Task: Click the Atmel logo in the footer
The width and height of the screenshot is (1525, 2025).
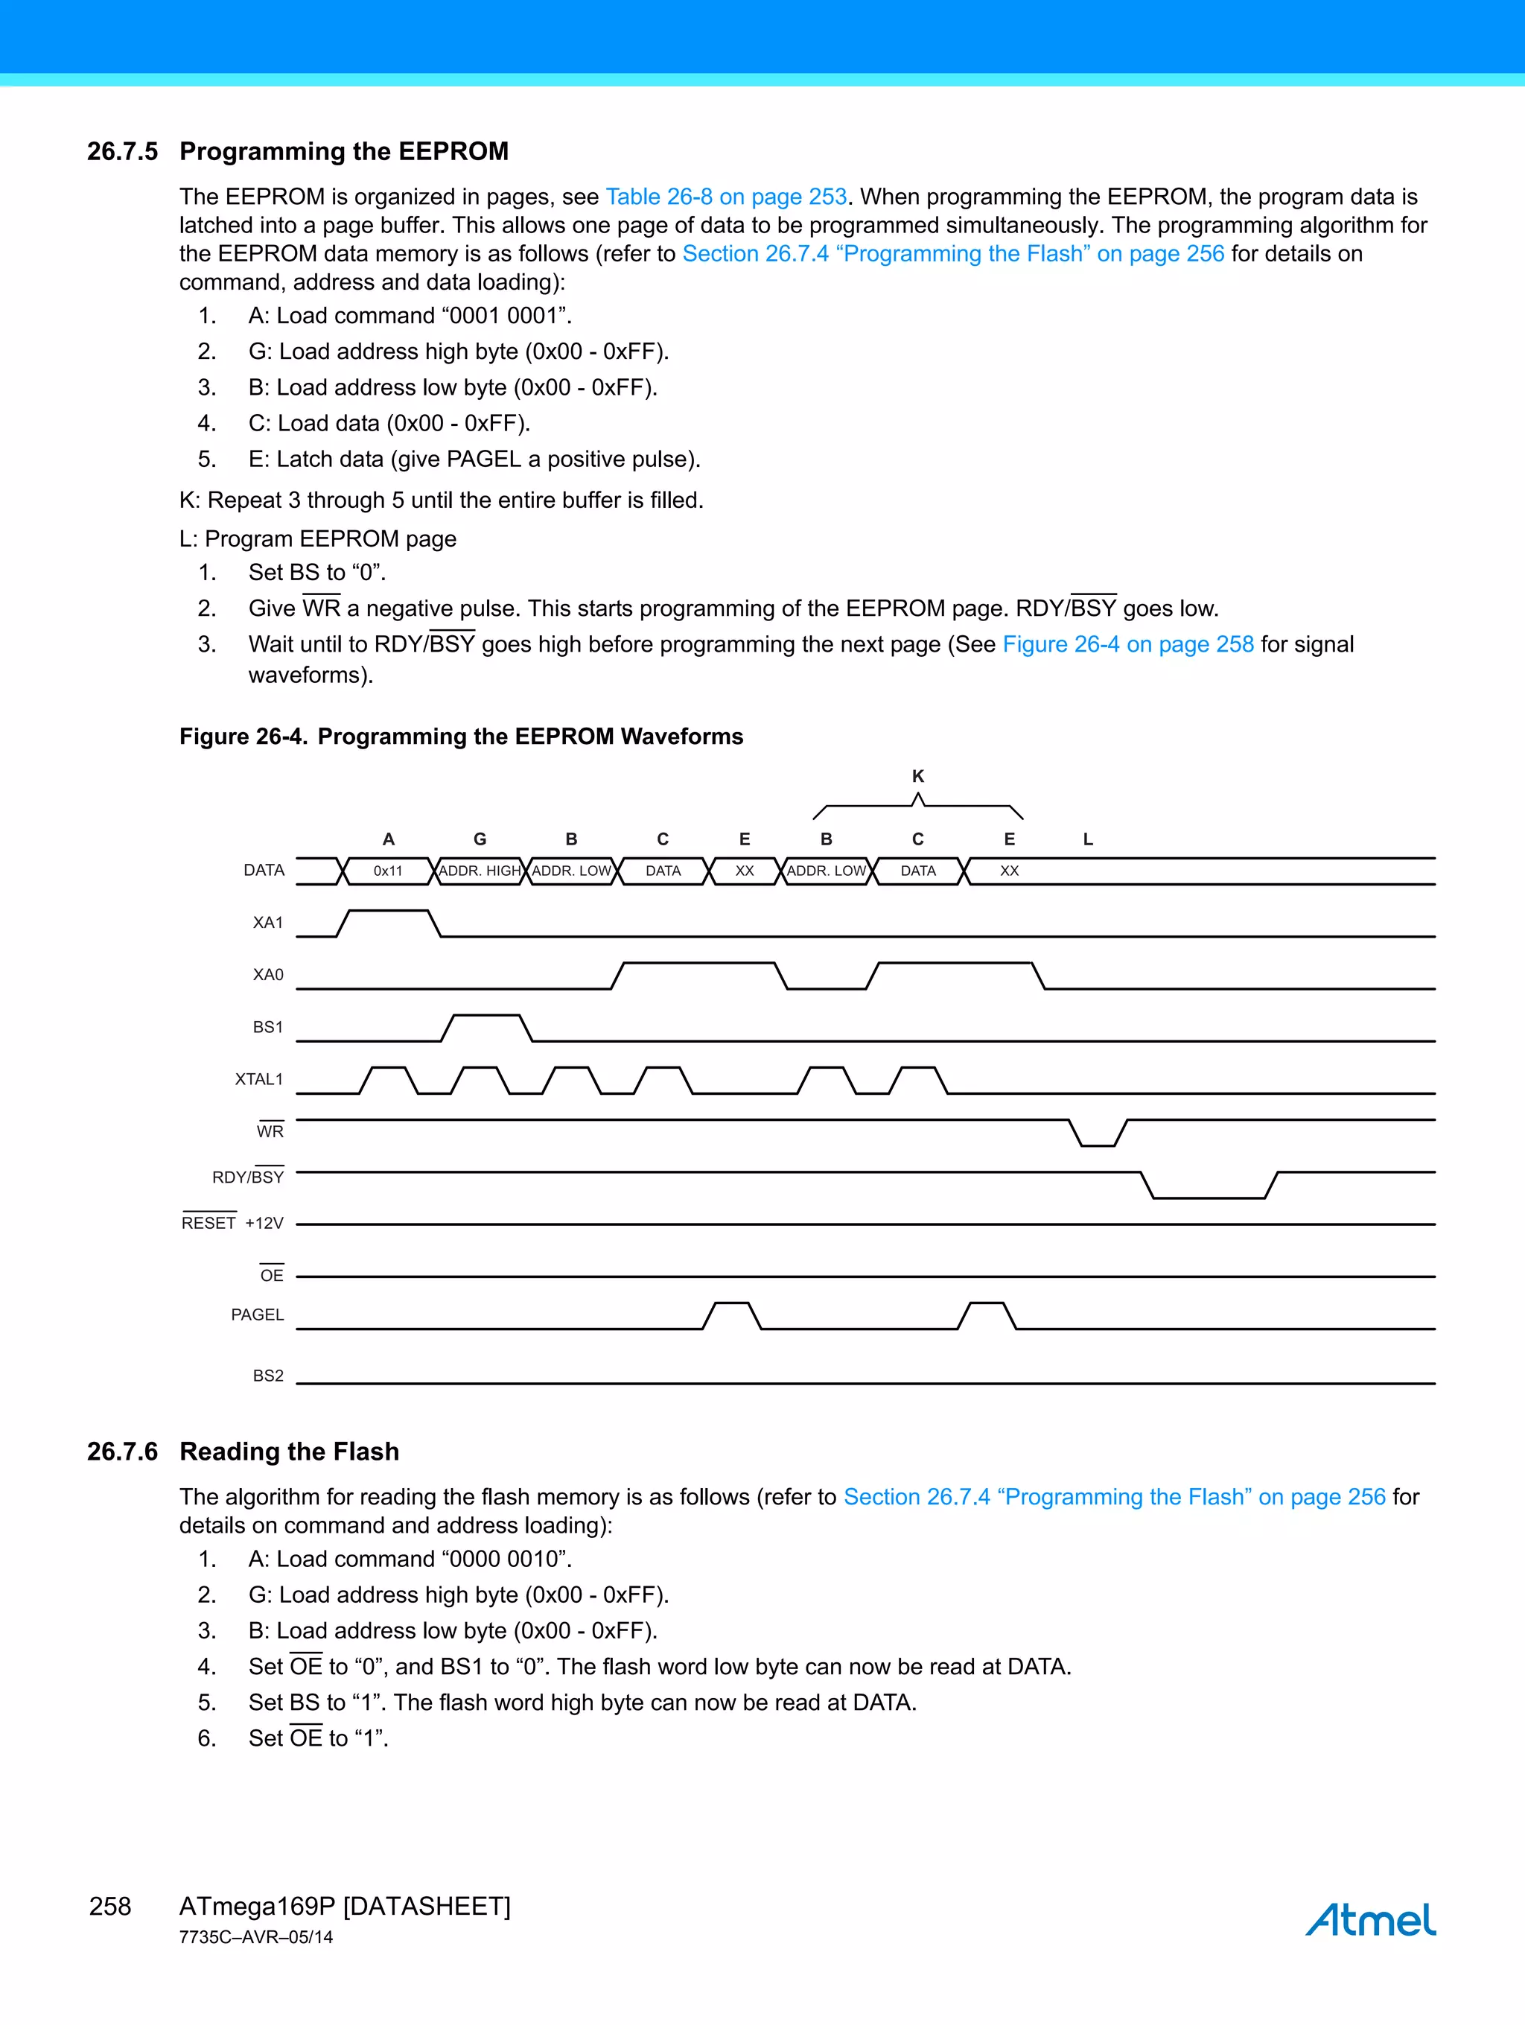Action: click(x=1369, y=1918)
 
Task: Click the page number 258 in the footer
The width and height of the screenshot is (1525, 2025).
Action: click(x=110, y=1906)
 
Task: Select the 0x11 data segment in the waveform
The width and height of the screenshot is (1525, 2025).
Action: click(x=388, y=871)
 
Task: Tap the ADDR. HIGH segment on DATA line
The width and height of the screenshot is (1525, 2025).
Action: click(x=480, y=871)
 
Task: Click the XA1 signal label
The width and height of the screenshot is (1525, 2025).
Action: click(x=268, y=923)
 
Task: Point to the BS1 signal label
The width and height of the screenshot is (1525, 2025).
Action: click(x=268, y=1027)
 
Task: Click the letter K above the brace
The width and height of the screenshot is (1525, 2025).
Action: click(x=918, y=776)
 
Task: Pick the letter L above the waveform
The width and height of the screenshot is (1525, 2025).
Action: click(x=1087, y=839)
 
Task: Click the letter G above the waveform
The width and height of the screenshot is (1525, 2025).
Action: click(x=480, y=839)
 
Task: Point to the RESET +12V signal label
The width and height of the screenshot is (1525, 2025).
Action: click(x=232, y=1223)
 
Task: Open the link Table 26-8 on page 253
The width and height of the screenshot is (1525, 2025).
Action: click(x=726, y=197)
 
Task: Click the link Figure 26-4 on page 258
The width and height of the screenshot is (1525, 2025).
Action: click(x=1127, y=644)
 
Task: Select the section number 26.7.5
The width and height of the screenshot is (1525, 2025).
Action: click(x=123, y=151)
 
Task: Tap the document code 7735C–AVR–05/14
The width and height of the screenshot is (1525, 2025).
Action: click(x=256, y=1937)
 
